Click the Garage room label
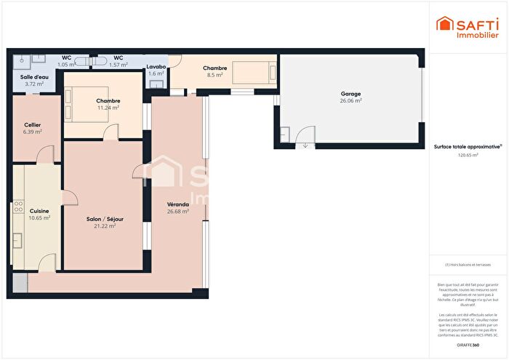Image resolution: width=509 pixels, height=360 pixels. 350,94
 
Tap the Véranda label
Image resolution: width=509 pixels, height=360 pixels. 178,204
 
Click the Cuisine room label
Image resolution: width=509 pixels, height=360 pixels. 39,211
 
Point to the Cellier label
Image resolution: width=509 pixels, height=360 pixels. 33,124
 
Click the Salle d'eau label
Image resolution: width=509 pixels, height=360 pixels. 34,76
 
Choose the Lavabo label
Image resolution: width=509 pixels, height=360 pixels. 156,66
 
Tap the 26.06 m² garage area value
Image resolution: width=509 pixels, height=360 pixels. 350,101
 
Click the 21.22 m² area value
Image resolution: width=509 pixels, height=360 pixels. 105,225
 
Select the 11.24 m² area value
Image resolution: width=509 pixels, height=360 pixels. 108,108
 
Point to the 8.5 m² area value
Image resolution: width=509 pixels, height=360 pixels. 215,75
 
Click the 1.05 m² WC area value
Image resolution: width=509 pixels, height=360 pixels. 67,65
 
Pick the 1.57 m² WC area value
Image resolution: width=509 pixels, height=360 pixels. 118,65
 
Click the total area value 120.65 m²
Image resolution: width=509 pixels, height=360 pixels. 468,155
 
